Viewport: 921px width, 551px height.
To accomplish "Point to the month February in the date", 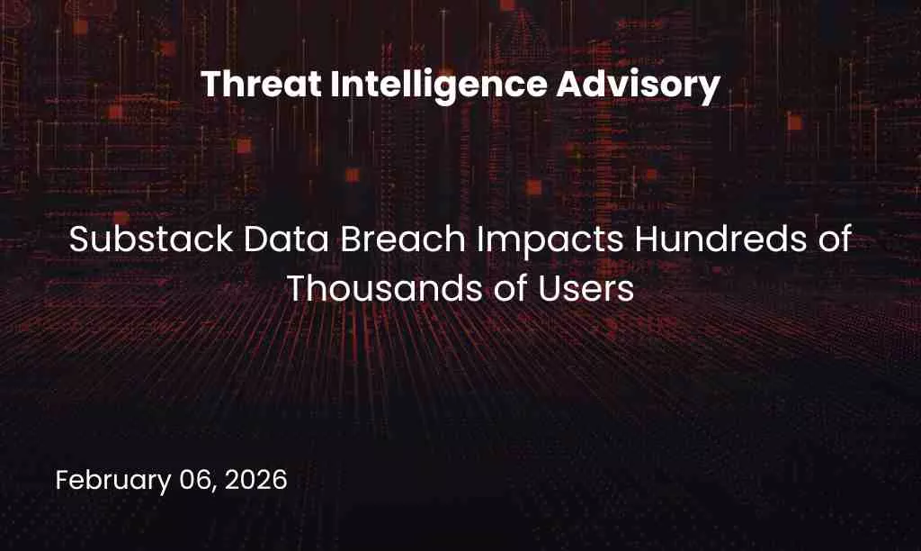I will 112,480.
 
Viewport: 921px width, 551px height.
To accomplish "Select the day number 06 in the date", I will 195,480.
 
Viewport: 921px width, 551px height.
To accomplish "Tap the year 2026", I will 256,480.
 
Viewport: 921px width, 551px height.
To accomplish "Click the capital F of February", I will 62,480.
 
